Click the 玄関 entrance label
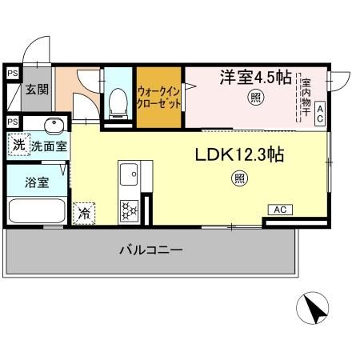[35, 89]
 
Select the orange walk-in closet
[158, 97]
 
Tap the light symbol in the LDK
[239, 178]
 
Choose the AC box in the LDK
[280, 210]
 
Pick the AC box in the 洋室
[319, 114]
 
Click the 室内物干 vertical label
[305, 97]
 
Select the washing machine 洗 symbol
[17, 146]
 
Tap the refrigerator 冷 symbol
[83, 213]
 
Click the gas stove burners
[130, 210]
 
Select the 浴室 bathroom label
[37, 182]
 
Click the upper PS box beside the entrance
[12, 73]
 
